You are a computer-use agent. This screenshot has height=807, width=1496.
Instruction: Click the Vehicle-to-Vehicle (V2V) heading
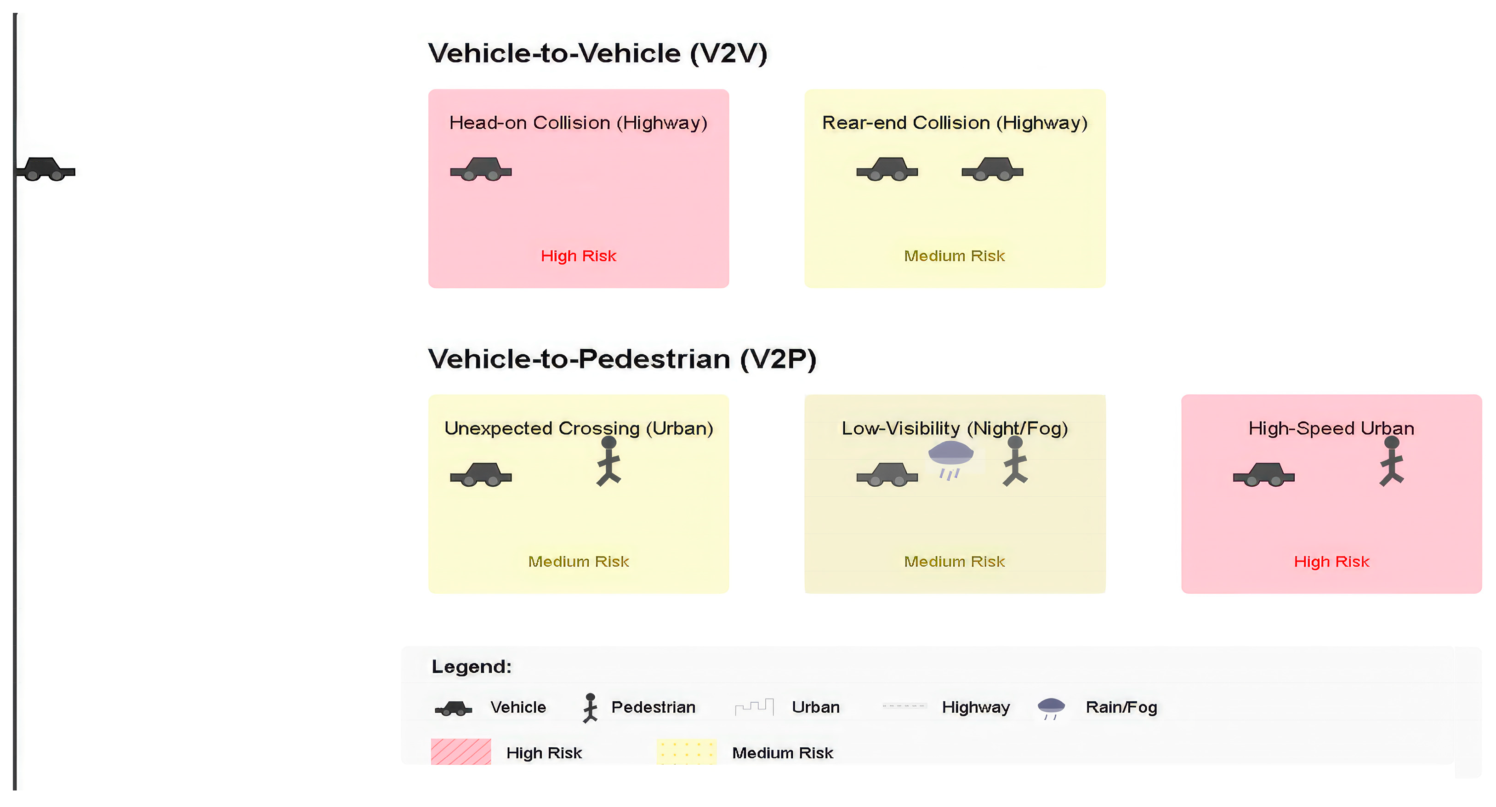[597, 53]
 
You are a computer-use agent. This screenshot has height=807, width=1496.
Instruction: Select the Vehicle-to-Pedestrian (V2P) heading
[622, 359]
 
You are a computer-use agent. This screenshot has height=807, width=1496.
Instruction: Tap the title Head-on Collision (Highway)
[579, 123]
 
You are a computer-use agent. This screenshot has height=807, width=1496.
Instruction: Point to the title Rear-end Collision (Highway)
[955, 123]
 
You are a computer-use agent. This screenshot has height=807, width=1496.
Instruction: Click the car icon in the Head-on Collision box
[481, 169]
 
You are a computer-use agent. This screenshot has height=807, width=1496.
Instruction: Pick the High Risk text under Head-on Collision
[579, 256]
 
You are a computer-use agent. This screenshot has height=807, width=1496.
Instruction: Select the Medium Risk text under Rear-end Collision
[954, 256]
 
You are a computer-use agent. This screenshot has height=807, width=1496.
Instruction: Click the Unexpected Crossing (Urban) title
[579, 428]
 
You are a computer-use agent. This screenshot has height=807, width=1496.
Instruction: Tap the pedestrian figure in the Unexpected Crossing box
[609, 461]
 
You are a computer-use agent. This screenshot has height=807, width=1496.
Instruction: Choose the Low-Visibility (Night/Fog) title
[955, 428]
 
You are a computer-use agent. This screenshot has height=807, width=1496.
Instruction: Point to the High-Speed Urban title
[1331, 428]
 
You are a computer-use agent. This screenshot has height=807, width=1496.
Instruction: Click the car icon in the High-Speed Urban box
[1264, 474]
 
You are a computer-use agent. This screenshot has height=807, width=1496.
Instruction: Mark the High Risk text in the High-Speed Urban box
[1331, 562]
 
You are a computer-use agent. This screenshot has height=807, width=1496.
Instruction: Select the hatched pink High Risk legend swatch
[461, 752]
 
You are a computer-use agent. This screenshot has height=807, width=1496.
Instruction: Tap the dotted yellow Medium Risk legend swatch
[687, 752]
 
